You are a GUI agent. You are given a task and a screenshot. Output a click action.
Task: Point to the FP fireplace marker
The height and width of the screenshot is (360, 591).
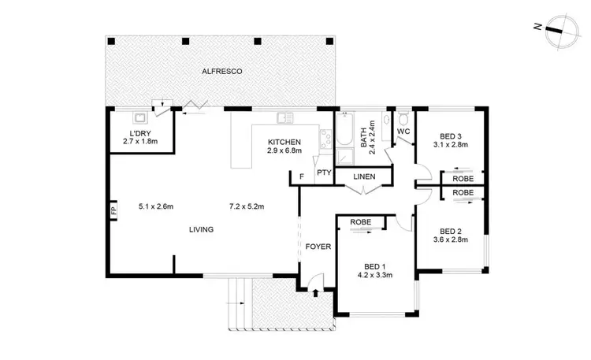(x=113, y=211)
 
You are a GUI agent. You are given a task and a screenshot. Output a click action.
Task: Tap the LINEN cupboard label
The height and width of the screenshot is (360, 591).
(x=364, y=176)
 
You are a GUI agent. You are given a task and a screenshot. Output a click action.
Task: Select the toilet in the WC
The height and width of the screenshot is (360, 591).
(x=403, y=121)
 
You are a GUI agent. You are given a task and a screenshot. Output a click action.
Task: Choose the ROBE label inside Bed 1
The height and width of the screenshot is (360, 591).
(x=361, y=223)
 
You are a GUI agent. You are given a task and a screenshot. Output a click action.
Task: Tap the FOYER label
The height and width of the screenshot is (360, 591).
(x=318, y=247)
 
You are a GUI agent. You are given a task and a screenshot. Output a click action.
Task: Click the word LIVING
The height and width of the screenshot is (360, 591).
(x=201, y=229)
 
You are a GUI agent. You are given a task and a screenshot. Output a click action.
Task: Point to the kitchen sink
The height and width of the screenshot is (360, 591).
(x=284, y=119)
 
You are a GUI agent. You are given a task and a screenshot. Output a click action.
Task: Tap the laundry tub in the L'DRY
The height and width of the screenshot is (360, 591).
(x=142, y=117)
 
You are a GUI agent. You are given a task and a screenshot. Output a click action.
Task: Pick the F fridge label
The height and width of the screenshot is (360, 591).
(x=303, y=177)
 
